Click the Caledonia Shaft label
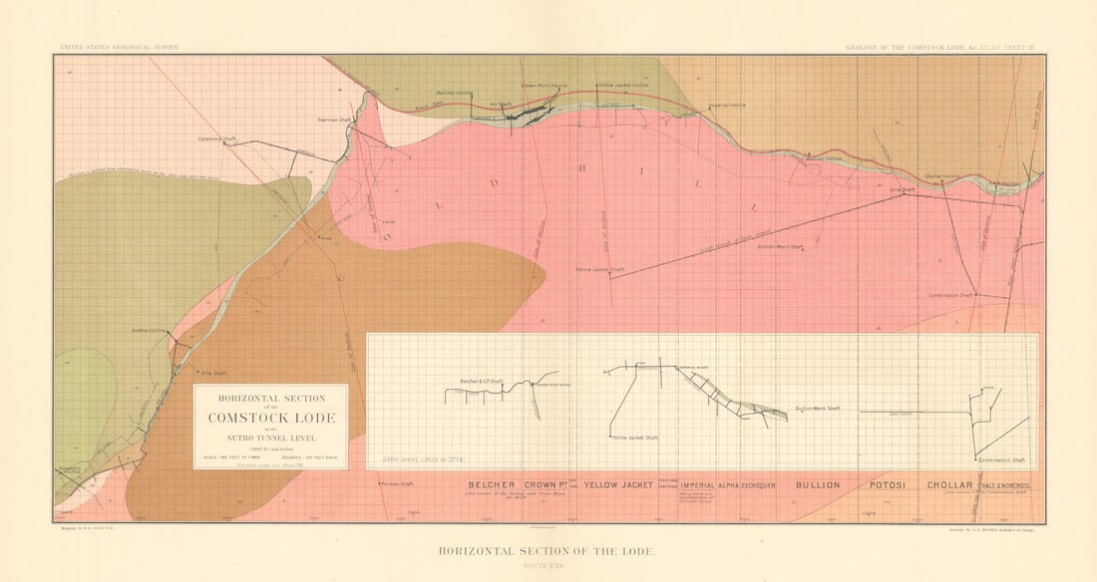(x=217, y=139)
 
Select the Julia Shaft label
(x=902, y=188)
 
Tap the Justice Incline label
(x=148, y=329)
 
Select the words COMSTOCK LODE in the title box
(x=270, y=418)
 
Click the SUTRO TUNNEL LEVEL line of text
(x=270, y=439)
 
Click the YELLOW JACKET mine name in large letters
(x=618, y=485)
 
